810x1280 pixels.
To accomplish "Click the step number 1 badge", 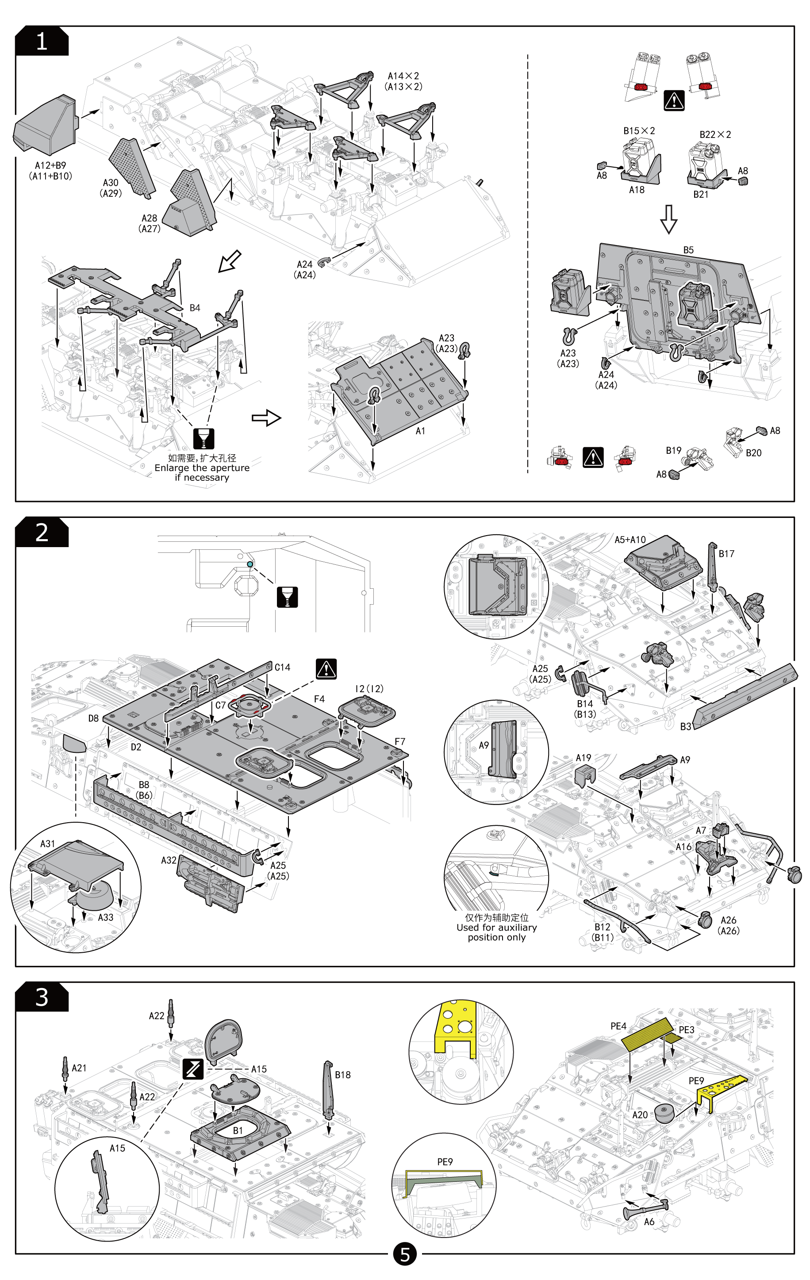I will pos(42,42).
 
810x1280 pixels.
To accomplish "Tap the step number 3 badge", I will pos(42,997).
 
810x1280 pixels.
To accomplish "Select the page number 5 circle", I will pos(405,1254).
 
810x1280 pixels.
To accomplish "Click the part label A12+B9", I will pos(50,165).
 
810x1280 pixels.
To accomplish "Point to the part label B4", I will pos(195,308).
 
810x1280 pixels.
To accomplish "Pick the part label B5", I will pos(688,250).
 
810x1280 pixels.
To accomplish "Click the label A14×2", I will pos(403,76).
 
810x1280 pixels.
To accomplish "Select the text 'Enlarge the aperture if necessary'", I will pos(202,472).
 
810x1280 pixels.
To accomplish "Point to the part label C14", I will pos(282,667).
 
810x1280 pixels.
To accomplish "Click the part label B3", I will pos(686,726).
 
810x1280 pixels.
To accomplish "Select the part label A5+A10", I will pos(630,540).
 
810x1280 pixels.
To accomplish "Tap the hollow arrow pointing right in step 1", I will pos(266,418).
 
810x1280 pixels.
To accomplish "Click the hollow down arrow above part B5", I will pos(668,219).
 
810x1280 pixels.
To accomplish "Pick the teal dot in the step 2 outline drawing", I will pos(250,564).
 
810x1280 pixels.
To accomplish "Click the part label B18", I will pos(342,1075).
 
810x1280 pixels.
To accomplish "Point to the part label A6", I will pos(649,1222).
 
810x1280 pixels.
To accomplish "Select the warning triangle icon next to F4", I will pos(326,669).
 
